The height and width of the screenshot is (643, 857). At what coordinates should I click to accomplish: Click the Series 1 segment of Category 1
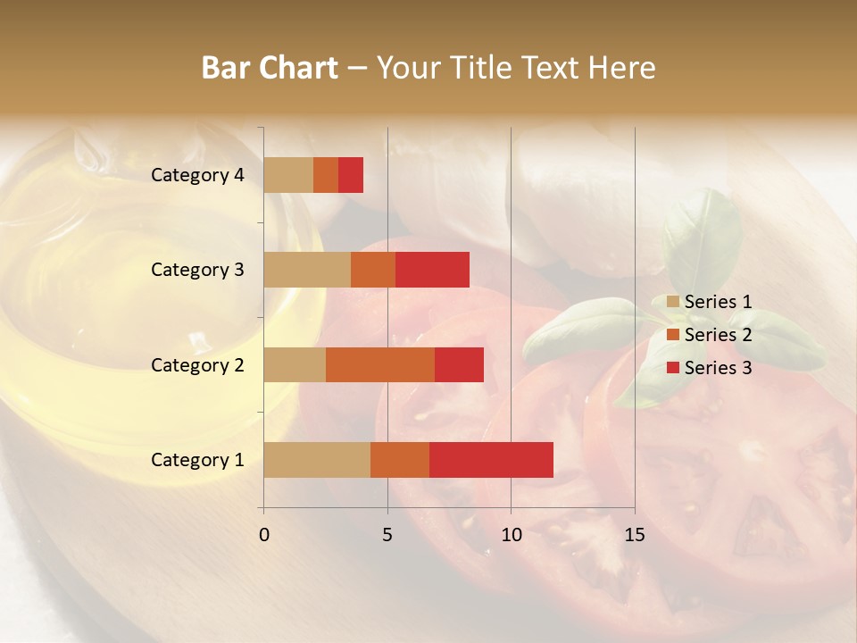click(317, 459)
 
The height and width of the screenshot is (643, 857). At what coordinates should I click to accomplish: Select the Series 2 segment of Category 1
click(400, 459)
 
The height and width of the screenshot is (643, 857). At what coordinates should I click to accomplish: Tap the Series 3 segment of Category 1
click(491, 459)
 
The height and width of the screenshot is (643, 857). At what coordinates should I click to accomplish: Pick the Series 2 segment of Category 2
click(380, 364)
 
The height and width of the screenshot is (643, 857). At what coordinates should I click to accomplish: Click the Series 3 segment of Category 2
click(459, 364)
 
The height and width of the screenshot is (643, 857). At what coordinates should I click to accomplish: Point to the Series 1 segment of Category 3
click(307, 270)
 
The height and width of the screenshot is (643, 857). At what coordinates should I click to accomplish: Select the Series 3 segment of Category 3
click(432, 270)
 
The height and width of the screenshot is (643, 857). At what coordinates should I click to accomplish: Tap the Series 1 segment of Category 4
click(288, 175)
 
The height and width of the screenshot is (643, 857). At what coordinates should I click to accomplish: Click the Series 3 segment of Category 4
click(351, 175)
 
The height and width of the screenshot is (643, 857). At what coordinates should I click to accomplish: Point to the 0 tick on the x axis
click(264, 535)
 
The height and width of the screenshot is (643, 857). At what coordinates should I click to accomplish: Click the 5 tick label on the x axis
click(387, 535)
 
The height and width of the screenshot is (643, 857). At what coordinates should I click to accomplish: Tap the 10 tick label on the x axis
click(511, 535)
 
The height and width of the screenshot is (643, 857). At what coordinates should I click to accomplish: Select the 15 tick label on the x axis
click(634, 535)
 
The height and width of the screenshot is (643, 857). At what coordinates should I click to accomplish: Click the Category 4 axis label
click(197, 175)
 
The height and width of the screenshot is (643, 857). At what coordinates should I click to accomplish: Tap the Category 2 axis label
click(197, 364)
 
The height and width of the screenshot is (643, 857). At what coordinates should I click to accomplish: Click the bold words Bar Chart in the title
click(270, 68)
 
